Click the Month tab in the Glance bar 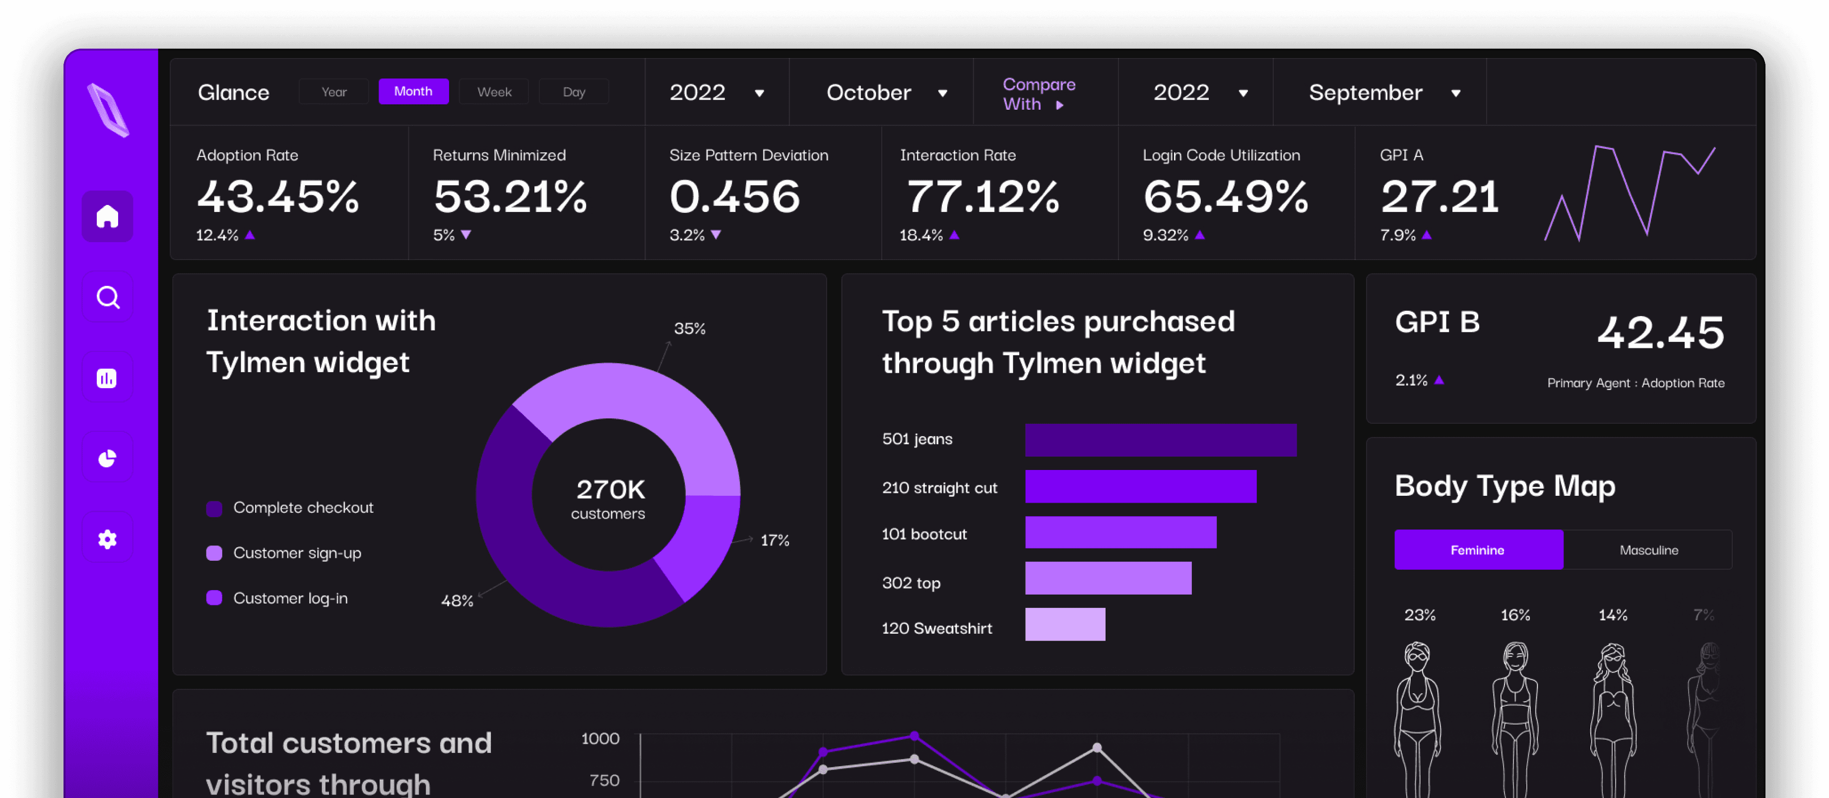pos(413,92)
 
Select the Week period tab pos(494,92)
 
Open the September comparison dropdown pos(1384,92)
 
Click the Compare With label pos(1039,94)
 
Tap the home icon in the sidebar pos(107,216)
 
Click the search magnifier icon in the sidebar pos(107,297)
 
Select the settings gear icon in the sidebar pos(107,539)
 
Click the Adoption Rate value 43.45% pos(277,196)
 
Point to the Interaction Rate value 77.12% pos(982,196)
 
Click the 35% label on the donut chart pos(689,329)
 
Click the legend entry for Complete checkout pos(290,508)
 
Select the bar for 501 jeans pos(1161,440)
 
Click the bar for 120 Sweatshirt pos(1065,624)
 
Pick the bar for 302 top pos(1109,578)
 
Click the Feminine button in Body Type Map pos(1478,550)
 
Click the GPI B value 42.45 pos(1660,332)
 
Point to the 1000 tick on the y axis pos(600,738)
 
